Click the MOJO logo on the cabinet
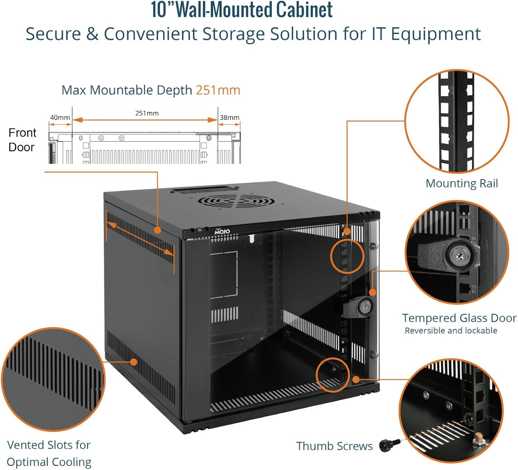[x=222, y=231]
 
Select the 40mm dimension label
[x=60, y=117]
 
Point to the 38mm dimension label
[x=230, y=117]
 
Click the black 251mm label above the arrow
[x=147, y=113]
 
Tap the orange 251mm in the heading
[x=218, y=90]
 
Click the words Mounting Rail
[x=462, y=183]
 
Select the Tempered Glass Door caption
[x=459, y=318]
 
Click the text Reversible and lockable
[x=451, y=330]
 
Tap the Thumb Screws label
[x=334, y=446]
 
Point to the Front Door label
[x=22, y=140]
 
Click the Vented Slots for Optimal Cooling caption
[x=49, y=453]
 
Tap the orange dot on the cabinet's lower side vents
[x=134, y=362]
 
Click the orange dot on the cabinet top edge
[x=157, y=230]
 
